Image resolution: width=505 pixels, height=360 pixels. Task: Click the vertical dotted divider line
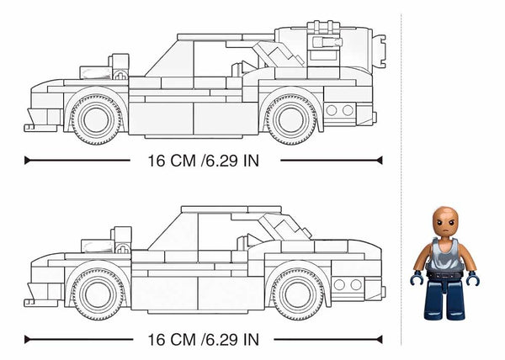click(402, 168)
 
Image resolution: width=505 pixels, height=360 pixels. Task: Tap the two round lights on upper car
click(339, 110)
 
